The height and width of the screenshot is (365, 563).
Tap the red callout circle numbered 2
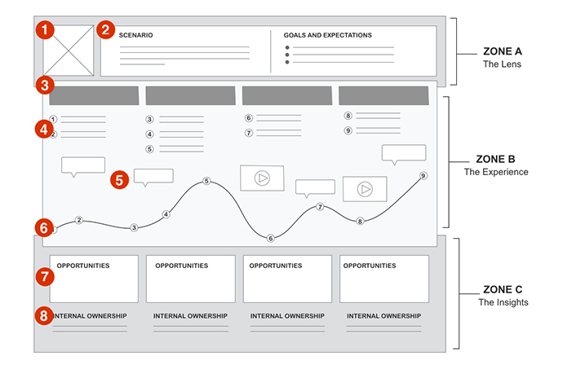pyautogui.click(x=104, y=30)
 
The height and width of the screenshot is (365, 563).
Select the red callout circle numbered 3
pyautogui.click(x=46, y=84)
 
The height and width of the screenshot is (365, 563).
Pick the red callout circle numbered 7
pyautogui.click(x=46, y=276)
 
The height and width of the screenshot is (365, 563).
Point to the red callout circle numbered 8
pyautogui.click(x=46, y=315)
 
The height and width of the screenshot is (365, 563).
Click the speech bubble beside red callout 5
pyautogui.click(x=153, y=177)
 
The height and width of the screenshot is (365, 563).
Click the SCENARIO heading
pyautogui.click(x=135, y=36)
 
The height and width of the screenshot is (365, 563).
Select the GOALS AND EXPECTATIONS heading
pyautogui.click(x=327, y=36)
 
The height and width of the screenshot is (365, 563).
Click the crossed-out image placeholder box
pyautogui.click(x=66, y=51)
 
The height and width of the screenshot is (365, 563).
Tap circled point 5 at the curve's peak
pyautogui.click(x=206, y=181)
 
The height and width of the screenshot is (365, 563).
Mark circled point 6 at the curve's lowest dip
pyautogui.click(x=270, y=238)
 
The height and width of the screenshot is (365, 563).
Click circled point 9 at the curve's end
pyautogui.click(x=423, y=176)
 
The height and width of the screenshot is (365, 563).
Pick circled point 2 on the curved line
pyautogui.click(x=79, y=220)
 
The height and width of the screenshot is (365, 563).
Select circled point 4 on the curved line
pyautogui.click(x=166, y=214)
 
